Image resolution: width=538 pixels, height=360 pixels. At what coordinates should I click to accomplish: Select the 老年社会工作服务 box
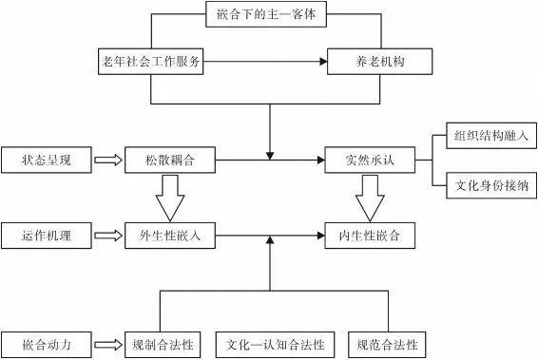(x=151, y=63)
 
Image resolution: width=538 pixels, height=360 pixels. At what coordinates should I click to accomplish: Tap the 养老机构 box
(x=379, y=63)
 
